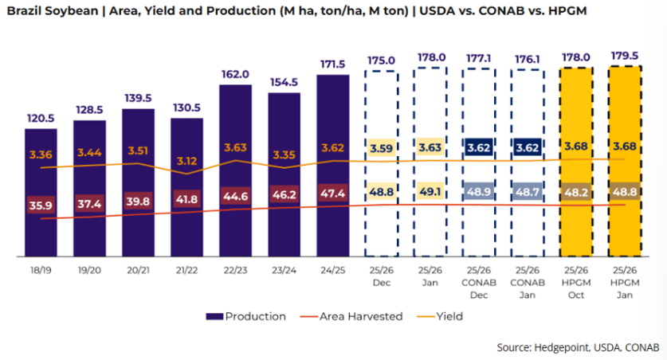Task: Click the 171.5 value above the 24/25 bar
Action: click(332, 64)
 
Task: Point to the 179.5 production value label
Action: click(625, 55)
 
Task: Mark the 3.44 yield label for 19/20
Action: click(89, 152)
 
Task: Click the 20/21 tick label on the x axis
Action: click(138, 271)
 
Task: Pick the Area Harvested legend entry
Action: click(358, 316)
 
